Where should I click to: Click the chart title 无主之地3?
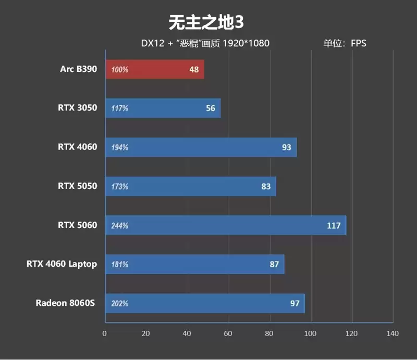click(x=206, y=22)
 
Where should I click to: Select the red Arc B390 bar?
click(x=154, y=69)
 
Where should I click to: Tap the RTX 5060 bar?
click(x=225, y=226)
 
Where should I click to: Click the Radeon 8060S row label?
click(x=66, y=303)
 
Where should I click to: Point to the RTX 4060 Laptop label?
click(x=62, y=264)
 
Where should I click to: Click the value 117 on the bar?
click(x=334, y=226)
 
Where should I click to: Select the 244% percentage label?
click(x=120, y=226)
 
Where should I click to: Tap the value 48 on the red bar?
click(x=194, y=69)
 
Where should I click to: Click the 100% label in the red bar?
click(x=120, y=69)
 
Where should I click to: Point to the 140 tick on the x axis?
click(x=393, y=333)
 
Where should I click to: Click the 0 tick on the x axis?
click(x=105, y=333)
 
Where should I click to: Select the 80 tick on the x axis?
click(x=269, y=333)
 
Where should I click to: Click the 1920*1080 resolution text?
click(x=246, y=43)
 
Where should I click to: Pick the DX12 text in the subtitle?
click(x=152, y=43)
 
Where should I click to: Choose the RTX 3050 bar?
click(x=163, y=108)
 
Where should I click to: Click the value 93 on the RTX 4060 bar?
click(x=286, y=147)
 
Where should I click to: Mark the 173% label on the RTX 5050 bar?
click(x=120, y=187)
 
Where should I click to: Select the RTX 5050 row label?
click(x=78, y=186)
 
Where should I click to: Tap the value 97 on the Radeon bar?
click(x=295, y=303)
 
